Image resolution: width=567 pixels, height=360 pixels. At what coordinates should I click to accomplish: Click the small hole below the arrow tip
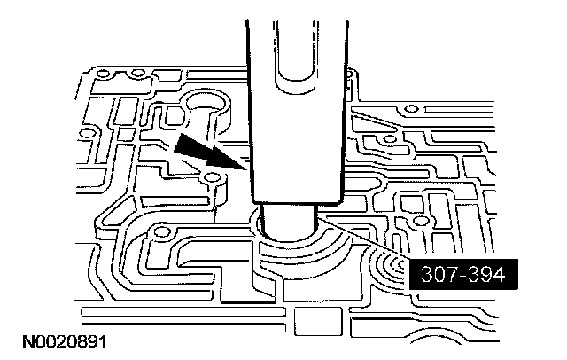pyautogui.click(x=212, y=181)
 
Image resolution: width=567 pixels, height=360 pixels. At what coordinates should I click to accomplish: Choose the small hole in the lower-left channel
pyautogui.click(x=159, y=235)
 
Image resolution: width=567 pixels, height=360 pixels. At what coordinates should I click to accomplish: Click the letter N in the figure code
pyautogui.click(x=18, y=340)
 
